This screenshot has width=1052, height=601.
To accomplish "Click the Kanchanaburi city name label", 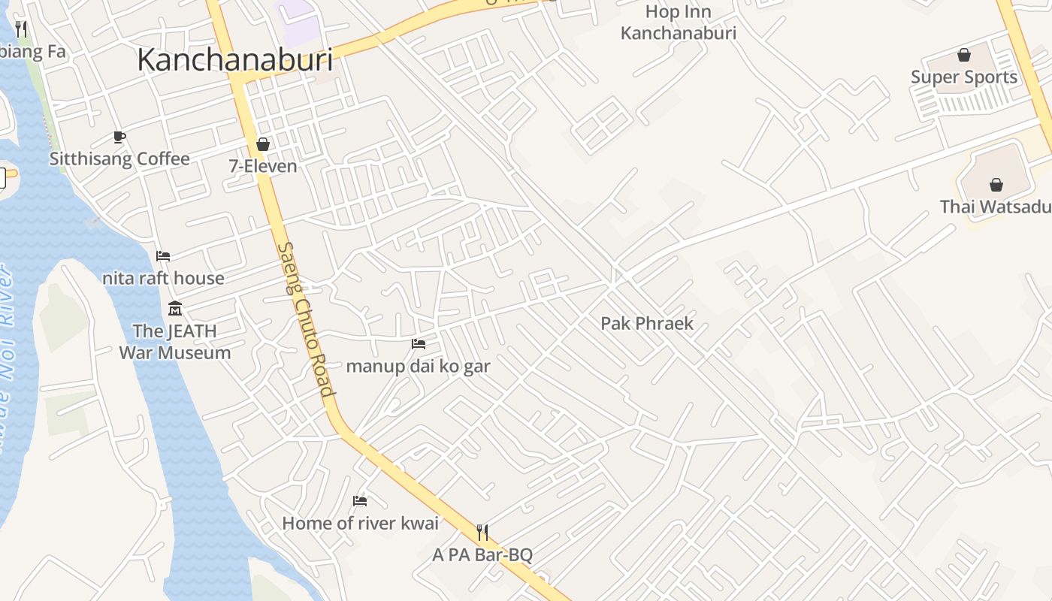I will (234, 59).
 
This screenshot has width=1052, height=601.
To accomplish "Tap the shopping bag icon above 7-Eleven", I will (263, 143).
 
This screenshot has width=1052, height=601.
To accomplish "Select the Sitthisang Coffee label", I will (119, 159).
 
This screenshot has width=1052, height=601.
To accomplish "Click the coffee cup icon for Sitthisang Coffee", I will (119, 137).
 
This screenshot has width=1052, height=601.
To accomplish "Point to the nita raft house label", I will (163, 279).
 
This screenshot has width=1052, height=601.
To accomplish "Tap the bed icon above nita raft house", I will (163, 256).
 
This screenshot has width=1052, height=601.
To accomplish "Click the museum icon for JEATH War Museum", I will (175, 308).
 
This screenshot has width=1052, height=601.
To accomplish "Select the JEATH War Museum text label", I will (174, 342).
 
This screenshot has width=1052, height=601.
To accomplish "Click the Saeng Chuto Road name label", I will (305, 319).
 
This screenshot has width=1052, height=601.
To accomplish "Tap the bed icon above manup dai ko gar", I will (419, 344).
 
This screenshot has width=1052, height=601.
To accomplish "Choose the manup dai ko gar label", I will (418, 367).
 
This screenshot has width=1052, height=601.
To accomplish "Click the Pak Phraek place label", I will (646, 324).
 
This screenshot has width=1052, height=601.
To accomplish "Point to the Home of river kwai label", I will (360, 524).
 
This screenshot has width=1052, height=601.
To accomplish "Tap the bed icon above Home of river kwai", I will (360, 501).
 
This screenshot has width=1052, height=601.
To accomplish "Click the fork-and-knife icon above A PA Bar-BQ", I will (482, 533).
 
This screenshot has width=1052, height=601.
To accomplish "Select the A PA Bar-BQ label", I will (482, 555).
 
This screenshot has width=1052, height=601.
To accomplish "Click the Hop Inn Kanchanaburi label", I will (678, 23).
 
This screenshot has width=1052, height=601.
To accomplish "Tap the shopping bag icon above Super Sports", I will (963, 55).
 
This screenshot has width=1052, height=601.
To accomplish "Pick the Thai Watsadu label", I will (995, 207).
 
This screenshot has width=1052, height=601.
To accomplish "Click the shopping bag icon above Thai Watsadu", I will (996, 185).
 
